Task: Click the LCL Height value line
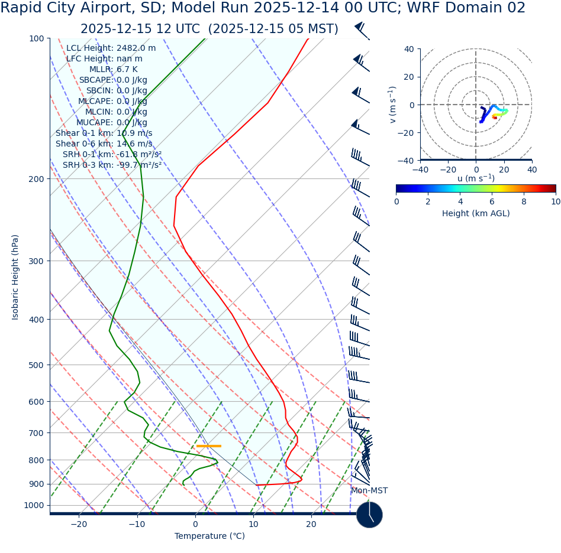tap(111, 48)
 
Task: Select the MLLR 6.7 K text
tap(113, 69)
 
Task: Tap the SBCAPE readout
tap(113, 80)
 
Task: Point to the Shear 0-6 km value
tap(104, 144)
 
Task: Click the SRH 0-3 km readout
tap(112, 165)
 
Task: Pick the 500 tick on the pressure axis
tap(37, 365)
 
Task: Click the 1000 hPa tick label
tap(34, 505)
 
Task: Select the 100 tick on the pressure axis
tap(37, 38)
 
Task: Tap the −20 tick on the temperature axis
tap(79, 524)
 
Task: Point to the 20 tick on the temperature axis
tap(311, 524)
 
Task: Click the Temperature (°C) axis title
tap(209, 536)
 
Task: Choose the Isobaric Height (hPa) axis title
tap(15, 277)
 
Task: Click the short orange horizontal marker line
tap(208, 446)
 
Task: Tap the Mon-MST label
tap(369, 491)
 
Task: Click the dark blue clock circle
tap(369, 515)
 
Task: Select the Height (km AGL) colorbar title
tap(476, 213)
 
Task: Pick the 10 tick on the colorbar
tap(555, 201)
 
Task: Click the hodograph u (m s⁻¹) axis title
tap(476, 178)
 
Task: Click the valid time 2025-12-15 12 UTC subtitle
tap(209, 29)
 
